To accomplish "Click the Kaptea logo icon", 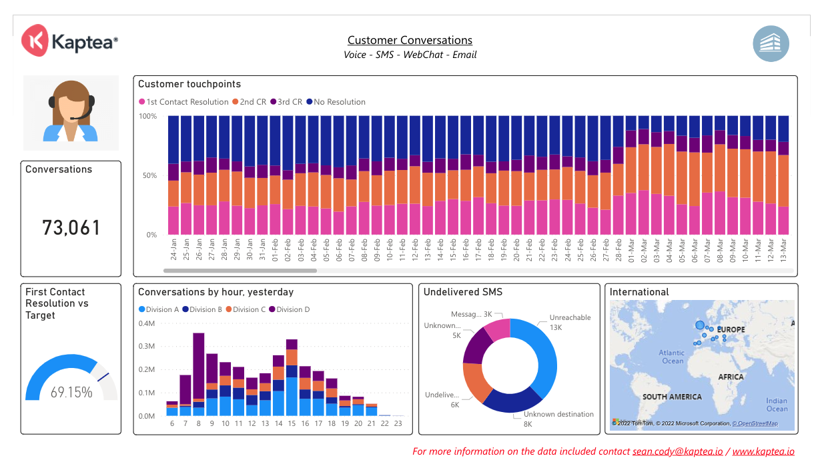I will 34,41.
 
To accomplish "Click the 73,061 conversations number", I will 71,228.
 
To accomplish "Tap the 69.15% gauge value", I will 71,393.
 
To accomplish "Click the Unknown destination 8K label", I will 553,419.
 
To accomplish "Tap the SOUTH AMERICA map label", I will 672,397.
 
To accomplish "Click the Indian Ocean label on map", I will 777,405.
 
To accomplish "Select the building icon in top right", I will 771,44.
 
